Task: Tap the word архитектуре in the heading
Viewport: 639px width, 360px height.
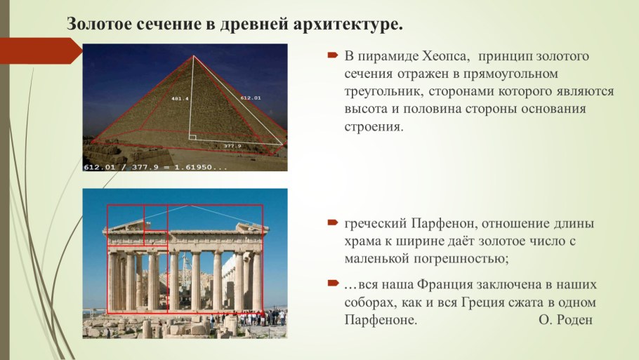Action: [x=347, y=24]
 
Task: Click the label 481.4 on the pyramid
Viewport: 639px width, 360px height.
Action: [x=180, y=99]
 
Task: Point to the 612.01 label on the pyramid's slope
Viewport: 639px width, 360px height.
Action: [x=250, y=98]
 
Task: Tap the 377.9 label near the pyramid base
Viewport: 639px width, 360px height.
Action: [x=232, y=146]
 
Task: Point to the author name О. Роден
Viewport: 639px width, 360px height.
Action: [x=565, y=320]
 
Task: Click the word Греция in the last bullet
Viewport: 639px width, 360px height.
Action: [x=489, y=302]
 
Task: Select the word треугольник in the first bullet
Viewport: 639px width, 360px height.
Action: [x=380, y=92]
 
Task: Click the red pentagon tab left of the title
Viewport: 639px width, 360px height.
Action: [x=39, y=51]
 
